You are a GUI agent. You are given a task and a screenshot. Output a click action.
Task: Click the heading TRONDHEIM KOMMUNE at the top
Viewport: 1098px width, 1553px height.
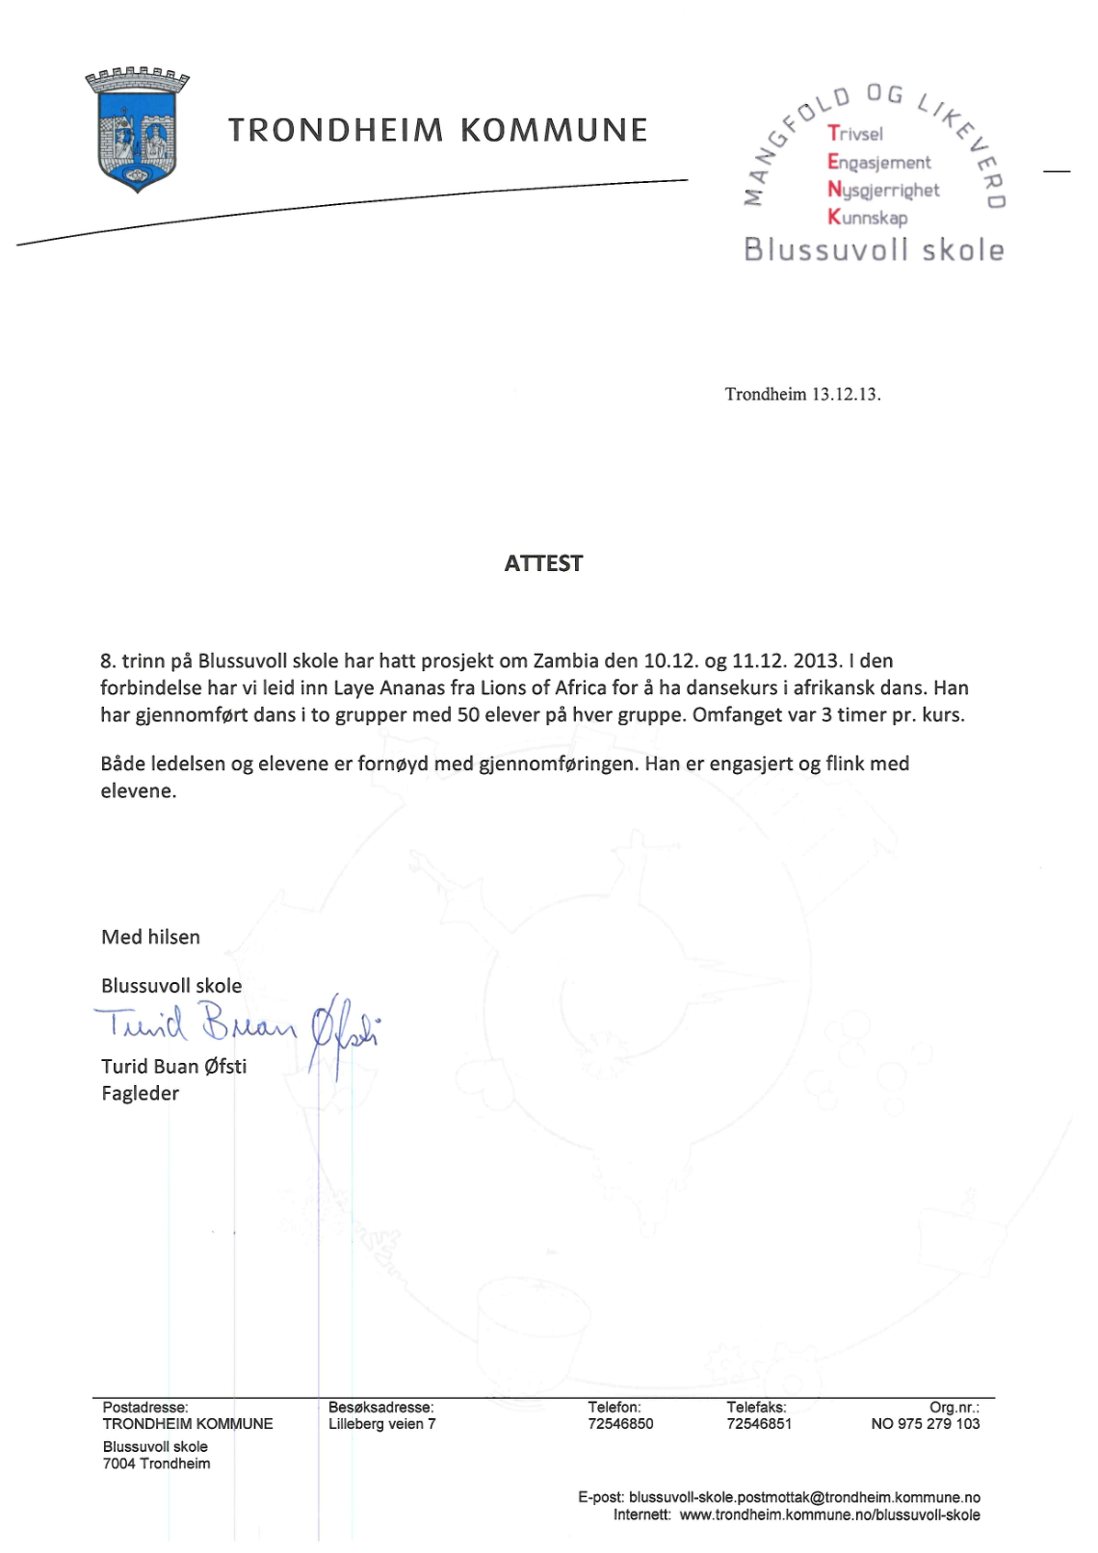tap(438, 130)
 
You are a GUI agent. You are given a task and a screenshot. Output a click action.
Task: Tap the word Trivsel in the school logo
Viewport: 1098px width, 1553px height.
tap(855, 134)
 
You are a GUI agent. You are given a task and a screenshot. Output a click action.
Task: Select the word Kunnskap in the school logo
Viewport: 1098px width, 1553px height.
tap(867, 218)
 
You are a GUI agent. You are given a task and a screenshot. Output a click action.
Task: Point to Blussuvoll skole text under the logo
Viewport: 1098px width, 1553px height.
tap(874, 250)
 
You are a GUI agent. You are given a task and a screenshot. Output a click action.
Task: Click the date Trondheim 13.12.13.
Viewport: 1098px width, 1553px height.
tap(802, 394)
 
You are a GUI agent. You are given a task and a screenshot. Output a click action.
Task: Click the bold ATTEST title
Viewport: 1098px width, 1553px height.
tap(543, 564)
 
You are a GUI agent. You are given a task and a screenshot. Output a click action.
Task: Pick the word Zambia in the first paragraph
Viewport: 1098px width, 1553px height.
tap(565, 661)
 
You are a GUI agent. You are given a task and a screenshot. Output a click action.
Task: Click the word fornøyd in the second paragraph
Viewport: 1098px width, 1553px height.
tap(393, 764)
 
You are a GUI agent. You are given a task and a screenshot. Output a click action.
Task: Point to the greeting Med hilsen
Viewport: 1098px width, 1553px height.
tap(151, 938)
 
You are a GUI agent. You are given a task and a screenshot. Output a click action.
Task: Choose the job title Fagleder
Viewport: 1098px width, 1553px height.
tap(141, 1094)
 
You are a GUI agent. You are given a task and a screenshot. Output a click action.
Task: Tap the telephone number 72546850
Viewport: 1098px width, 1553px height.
tap(620, 1424)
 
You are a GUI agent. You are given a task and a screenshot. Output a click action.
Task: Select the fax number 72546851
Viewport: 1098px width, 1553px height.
tap(759, 1424)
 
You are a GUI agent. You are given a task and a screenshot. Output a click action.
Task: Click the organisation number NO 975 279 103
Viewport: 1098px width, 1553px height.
tap(925, 1424)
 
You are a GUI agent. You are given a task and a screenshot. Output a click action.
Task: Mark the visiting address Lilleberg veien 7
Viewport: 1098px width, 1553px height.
tap(381, 1424)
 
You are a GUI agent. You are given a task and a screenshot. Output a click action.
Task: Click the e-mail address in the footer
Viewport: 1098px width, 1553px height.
tap(804, 1498)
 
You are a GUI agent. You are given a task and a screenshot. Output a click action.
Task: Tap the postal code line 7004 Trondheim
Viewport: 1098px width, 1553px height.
tap(157, 1464)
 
